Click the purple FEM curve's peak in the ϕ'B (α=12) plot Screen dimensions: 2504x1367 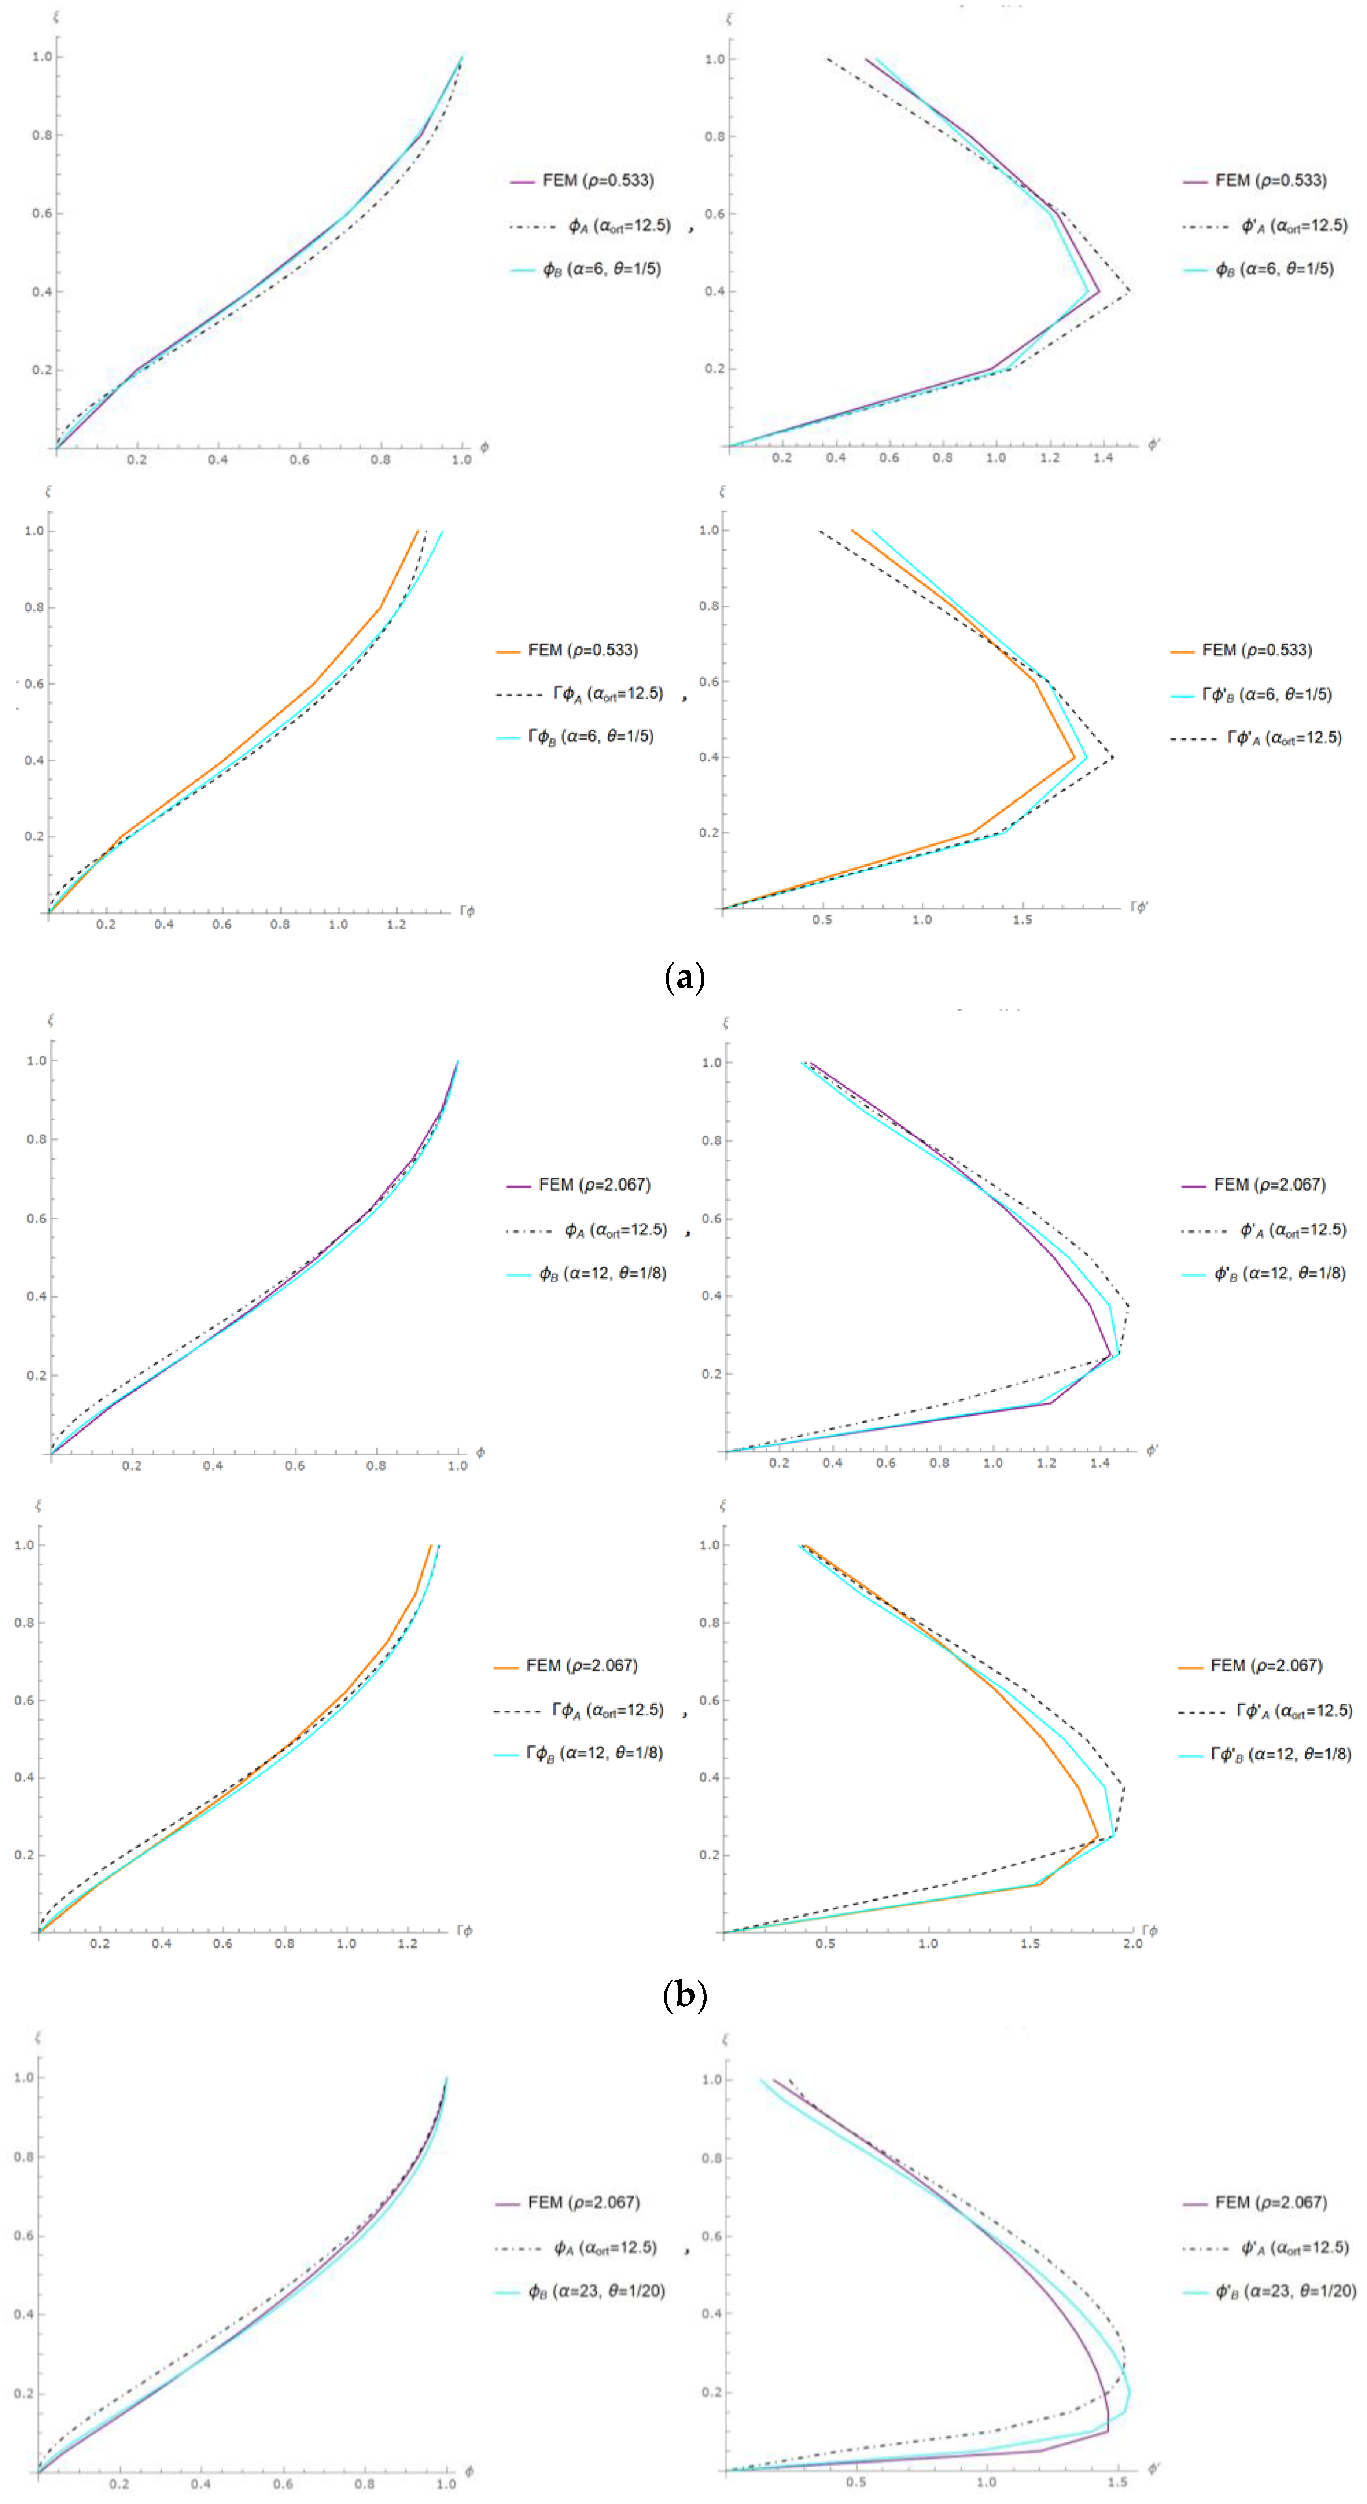tap(1110, 1355)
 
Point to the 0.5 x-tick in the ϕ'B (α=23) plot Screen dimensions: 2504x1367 tap(855, 2482)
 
